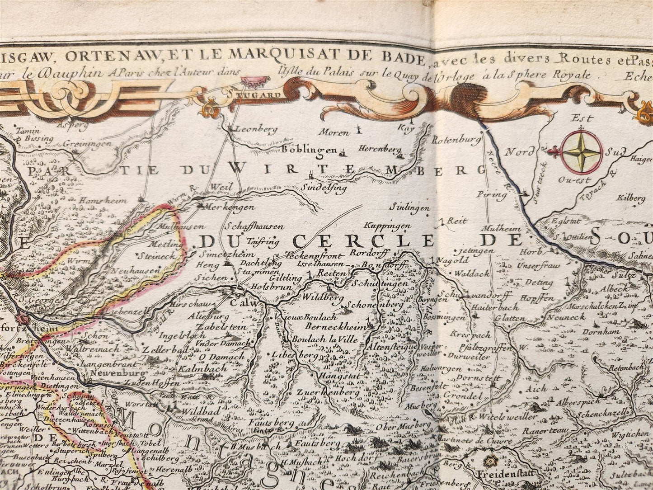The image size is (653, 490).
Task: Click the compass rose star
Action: [x=581, y=153]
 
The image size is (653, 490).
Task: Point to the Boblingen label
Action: [x=310, y=150]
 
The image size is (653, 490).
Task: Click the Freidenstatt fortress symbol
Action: [x=489, y=462]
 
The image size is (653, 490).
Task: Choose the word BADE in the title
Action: [x=401, y=57]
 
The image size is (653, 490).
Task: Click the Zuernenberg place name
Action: [x=328, y=392]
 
